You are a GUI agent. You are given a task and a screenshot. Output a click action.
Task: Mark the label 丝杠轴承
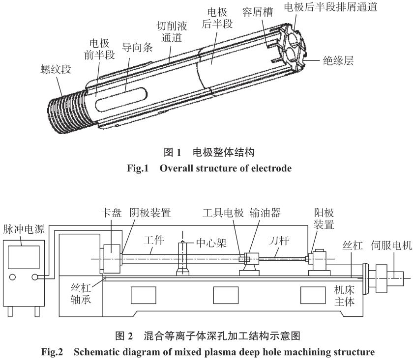pos(85,294)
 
